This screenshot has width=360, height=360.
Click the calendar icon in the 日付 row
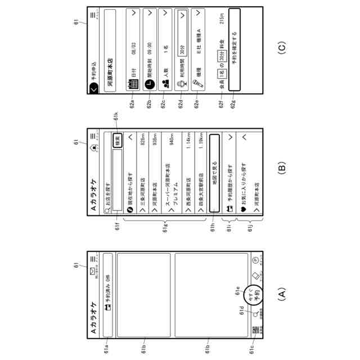pyautogui.click(x=134, y=85)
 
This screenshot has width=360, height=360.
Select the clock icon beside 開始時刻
pyautogui.click(x=150, y=85)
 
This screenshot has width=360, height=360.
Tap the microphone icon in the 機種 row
pyautogui.click(x=197, y=85)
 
